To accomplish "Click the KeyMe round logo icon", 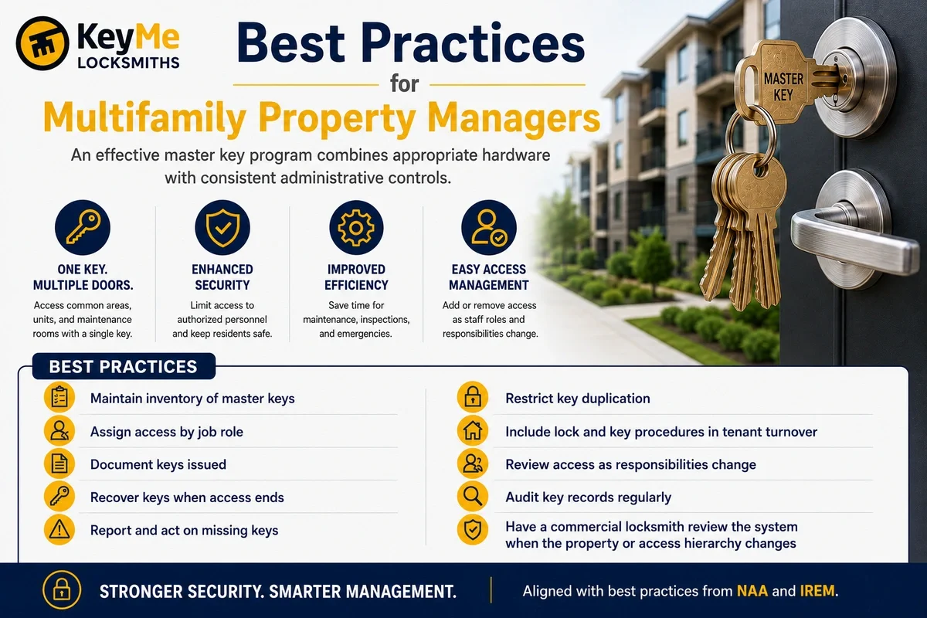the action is coord(42,43).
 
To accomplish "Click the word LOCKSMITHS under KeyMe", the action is coord(128,63).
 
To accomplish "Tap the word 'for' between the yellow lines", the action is coord(404,83).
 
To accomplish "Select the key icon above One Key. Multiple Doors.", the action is coord(83,227).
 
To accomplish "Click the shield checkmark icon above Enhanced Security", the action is coord(222,227).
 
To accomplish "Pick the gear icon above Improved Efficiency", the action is coord(356,227).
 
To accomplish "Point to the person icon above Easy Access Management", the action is coord(489,227).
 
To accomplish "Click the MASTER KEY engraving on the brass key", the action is coord(783,87).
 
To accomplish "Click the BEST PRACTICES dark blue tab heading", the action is coord(124,366).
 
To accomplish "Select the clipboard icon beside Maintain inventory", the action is coord(59,397).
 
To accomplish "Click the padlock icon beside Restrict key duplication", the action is coord(473,397).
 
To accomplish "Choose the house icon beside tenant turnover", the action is coord(473,430).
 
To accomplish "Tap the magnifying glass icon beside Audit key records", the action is coord(473,496).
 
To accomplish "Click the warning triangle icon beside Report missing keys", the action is coord(59,529).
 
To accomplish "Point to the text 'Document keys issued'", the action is coord(158,464).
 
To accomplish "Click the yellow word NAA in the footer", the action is coord(752,591).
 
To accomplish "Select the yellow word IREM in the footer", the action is coord(817,591).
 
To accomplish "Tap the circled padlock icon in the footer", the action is coord(62,590).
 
